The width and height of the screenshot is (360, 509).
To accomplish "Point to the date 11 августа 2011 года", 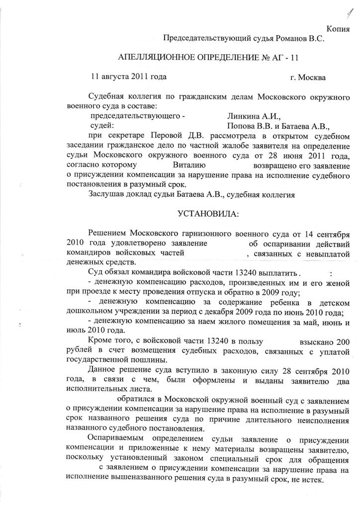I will [x=128, y=77].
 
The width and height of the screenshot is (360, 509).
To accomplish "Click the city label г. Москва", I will [x=308, y=78].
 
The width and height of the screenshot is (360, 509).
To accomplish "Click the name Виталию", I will [x=192, y=165].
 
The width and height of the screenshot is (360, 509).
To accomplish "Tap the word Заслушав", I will [x=108, y=194].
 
